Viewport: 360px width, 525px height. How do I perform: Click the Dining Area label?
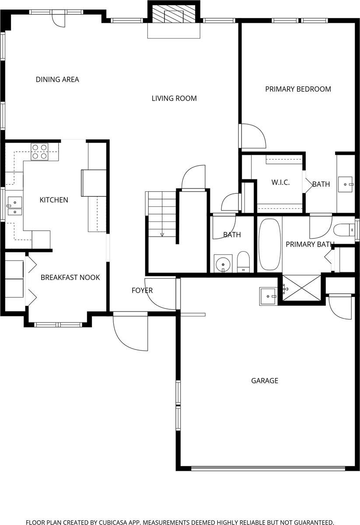tap(57, 79)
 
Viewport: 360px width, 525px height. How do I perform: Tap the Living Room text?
tap(174, 98)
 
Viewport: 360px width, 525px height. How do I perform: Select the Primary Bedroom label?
tap(298, 89)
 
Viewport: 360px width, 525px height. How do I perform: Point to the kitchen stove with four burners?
tap(39, 151)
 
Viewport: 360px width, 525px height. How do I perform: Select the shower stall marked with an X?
tap(302, 288)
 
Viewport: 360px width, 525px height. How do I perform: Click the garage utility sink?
tap(268, 296)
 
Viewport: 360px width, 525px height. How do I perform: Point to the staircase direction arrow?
tap(162, 234)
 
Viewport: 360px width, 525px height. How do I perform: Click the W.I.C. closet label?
tap(280, 182)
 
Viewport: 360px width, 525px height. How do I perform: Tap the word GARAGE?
tap(264, 381)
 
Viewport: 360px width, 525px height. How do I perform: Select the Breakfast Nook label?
tap(70, 277)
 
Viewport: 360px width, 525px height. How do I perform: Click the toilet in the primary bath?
tap(344, 230)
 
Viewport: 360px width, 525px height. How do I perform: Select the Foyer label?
tap(142, 290)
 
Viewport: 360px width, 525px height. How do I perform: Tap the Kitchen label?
tap(54, 200)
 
